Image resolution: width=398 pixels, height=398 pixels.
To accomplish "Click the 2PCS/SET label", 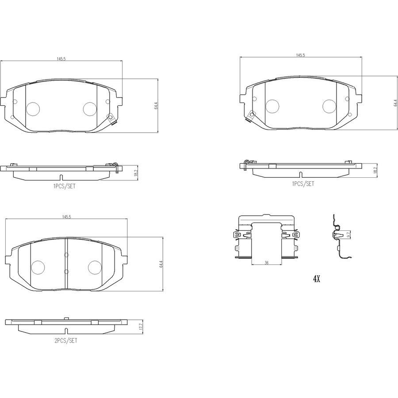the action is click(66, 341).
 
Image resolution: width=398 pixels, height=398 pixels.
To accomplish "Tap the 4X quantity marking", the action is click(317, 279).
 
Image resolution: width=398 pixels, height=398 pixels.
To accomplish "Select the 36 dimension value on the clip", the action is click(267, 263).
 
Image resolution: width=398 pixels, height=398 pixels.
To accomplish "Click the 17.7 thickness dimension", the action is click(142, 327).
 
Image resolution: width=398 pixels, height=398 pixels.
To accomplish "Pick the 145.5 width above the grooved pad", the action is click(66, 217).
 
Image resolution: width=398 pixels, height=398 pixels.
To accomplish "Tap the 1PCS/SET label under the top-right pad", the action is click(303, 184).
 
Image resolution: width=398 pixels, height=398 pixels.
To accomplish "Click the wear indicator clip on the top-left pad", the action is click(112, 119).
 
